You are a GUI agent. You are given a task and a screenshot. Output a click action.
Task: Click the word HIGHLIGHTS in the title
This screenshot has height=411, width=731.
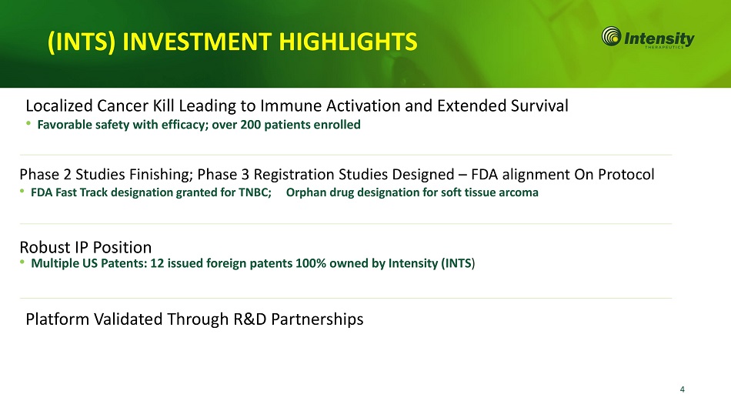coord(348,42)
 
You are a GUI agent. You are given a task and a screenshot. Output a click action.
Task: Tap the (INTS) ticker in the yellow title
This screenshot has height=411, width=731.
coord(82,42)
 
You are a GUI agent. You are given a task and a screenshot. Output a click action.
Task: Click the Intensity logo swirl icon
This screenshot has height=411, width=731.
coord(611,36)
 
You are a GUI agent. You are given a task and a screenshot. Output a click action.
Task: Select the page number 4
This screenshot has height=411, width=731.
coord(682,389)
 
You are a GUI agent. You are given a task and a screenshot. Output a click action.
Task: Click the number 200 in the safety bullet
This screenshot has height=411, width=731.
coord(250,125)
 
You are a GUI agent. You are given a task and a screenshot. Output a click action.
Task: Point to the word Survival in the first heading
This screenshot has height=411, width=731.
coord(539,106)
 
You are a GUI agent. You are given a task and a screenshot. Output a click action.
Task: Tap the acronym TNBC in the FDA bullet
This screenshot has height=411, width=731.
coord(255,192)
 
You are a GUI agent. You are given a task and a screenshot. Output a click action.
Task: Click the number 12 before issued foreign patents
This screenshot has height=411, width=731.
coord(157,263)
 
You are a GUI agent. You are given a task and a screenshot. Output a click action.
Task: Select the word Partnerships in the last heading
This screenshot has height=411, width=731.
coord(317,319)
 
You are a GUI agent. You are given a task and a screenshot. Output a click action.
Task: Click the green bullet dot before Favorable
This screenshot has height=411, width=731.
coord(28,123)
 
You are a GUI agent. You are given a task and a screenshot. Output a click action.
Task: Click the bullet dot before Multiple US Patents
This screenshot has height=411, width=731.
coord(22,262)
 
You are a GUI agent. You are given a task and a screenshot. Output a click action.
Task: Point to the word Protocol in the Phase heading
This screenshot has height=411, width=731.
coord(626,175)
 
